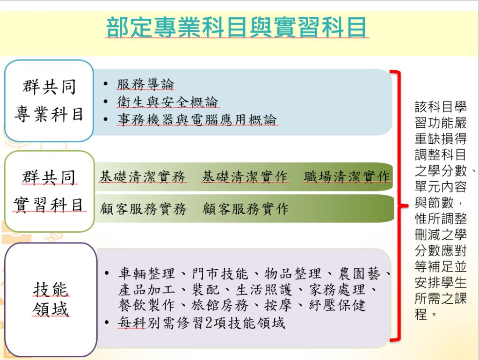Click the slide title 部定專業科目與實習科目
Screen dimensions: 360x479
(237, 28)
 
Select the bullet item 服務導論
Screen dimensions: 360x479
(145, 85)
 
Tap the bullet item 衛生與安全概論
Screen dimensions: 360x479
(167, 102)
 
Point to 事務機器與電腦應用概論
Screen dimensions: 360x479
(197, 120)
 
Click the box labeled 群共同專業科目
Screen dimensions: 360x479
(49, 101)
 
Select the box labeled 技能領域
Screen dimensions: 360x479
(51, 300)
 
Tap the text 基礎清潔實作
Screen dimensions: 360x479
(245, 177)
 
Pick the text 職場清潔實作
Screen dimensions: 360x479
(347, 177)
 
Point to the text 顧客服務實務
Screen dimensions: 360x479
(143, 209)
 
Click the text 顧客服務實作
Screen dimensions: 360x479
(246, 209)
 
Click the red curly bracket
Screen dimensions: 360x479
(399, 206)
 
